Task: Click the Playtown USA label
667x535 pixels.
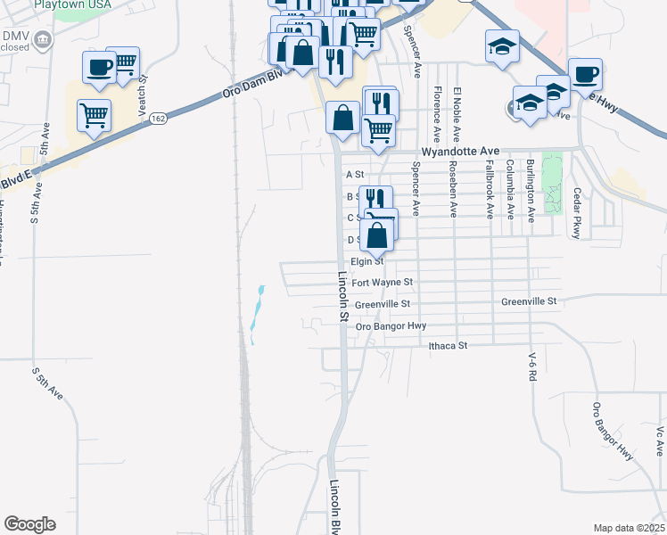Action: click(x=73, y=4)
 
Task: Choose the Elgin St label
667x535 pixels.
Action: click(x=366, y=261)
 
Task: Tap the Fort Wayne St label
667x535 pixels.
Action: click(x=383, y=283)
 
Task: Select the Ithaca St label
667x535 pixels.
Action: click(x=448, y=345)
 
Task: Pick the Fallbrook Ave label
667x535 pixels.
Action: click(x=490, y=189)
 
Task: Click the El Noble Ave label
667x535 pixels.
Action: click(x=457, y=115)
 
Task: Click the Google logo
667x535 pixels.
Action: click(x=29, y=524)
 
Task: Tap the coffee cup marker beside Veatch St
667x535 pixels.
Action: click(x=98, y=67)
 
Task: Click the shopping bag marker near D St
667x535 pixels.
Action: click(x=378, y=235)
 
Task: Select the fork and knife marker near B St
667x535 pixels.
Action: click(x=375, y=199)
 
